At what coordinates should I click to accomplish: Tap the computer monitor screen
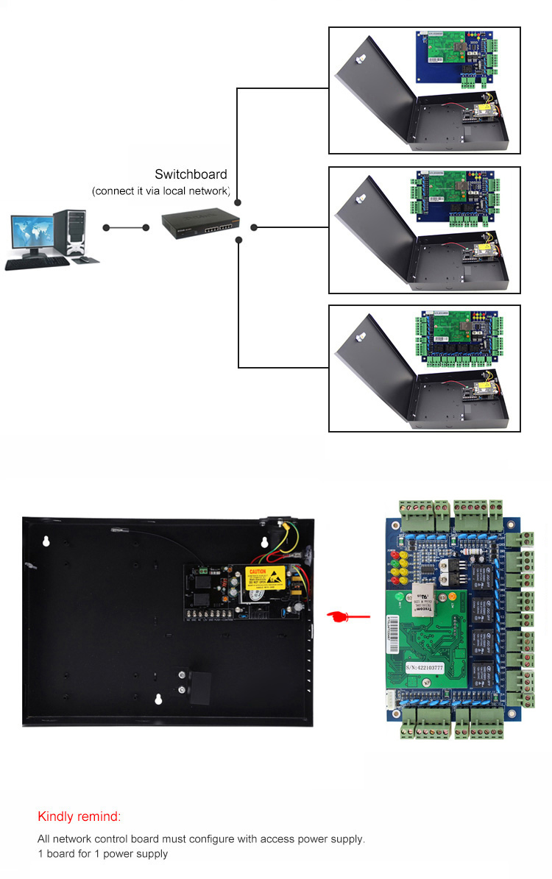pos(31,233)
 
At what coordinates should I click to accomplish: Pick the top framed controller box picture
pos(424,90)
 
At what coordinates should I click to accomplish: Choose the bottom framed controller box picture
pos(424,368)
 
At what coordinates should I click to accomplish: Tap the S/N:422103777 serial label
pos(425,668)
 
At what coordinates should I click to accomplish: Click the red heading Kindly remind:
pos(79,816)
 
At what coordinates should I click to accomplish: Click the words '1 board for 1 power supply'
pos(102,854)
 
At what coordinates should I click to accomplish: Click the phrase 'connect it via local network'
pos(161,191)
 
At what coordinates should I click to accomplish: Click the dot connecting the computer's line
pos(107,227)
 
